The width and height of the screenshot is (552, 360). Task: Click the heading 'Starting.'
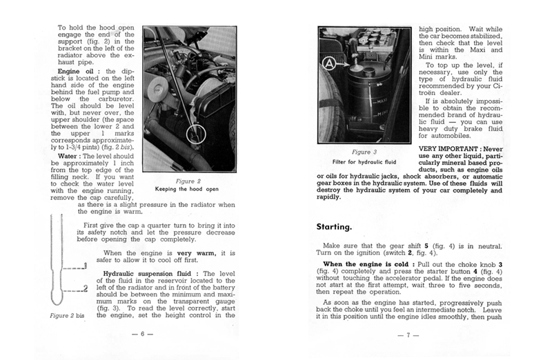[336, 226]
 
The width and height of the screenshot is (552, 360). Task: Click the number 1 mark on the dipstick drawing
[83, 264]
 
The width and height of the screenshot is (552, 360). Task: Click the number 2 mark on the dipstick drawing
[84, 287]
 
